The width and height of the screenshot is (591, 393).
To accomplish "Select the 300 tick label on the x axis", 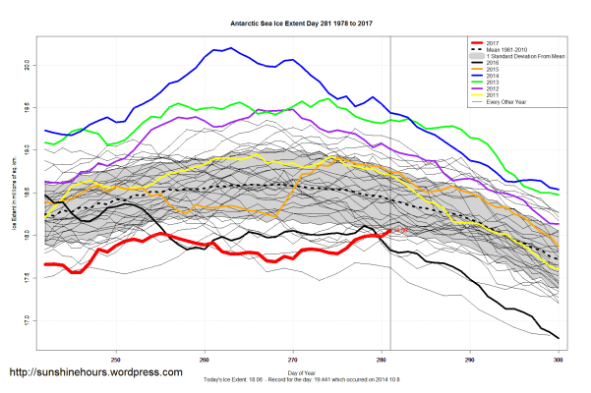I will pyautogui.click(x=558, y=358).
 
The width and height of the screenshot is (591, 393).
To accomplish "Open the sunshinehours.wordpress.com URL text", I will pyautogui.click(x=95, y=372).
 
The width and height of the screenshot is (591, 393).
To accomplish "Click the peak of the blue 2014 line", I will pyautogui.click(x=231, y=47).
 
